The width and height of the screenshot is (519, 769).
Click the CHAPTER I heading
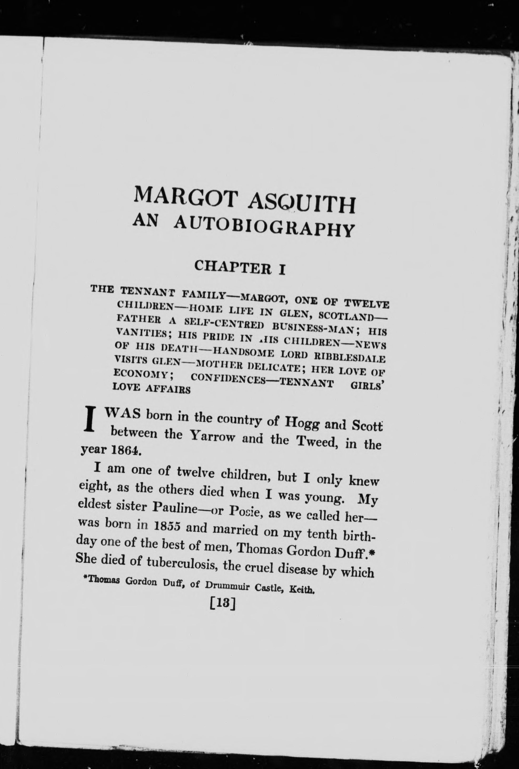[x=240, y=267]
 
